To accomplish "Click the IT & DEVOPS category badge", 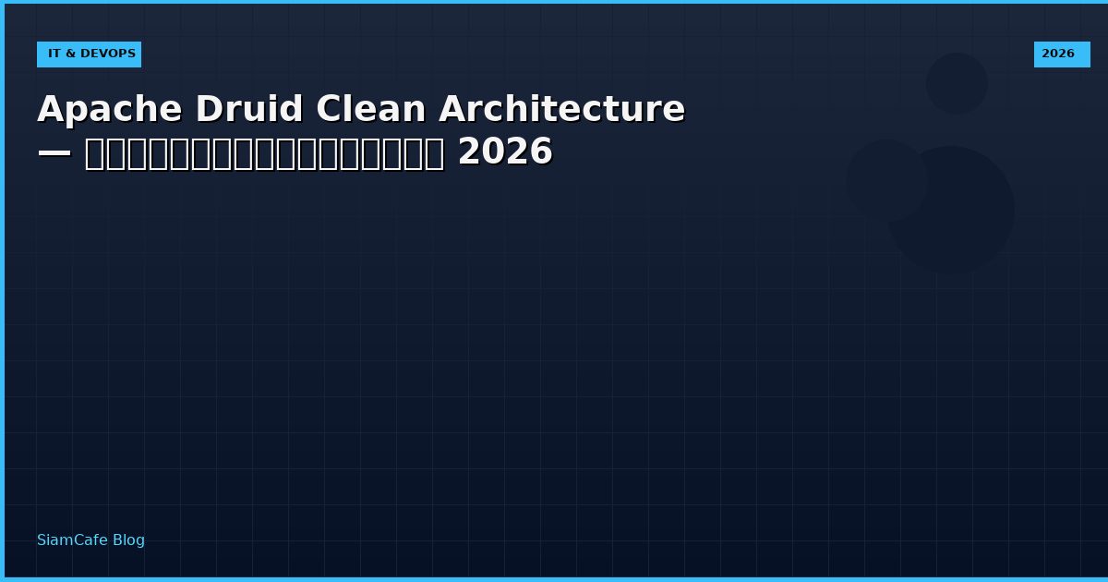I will pos(90,55).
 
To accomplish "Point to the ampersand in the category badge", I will pos(70,55).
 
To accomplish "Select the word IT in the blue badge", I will pos(54,55).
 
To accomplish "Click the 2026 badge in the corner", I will pos(1061,55).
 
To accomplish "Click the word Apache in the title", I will pos(110,110).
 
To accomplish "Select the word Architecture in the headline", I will pos(561,110).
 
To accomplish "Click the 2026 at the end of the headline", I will pos(505,152).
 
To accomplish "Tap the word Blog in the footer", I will pos(128,540).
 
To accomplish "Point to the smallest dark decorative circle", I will pos(957,83).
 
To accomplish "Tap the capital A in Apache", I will pos(50,110).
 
